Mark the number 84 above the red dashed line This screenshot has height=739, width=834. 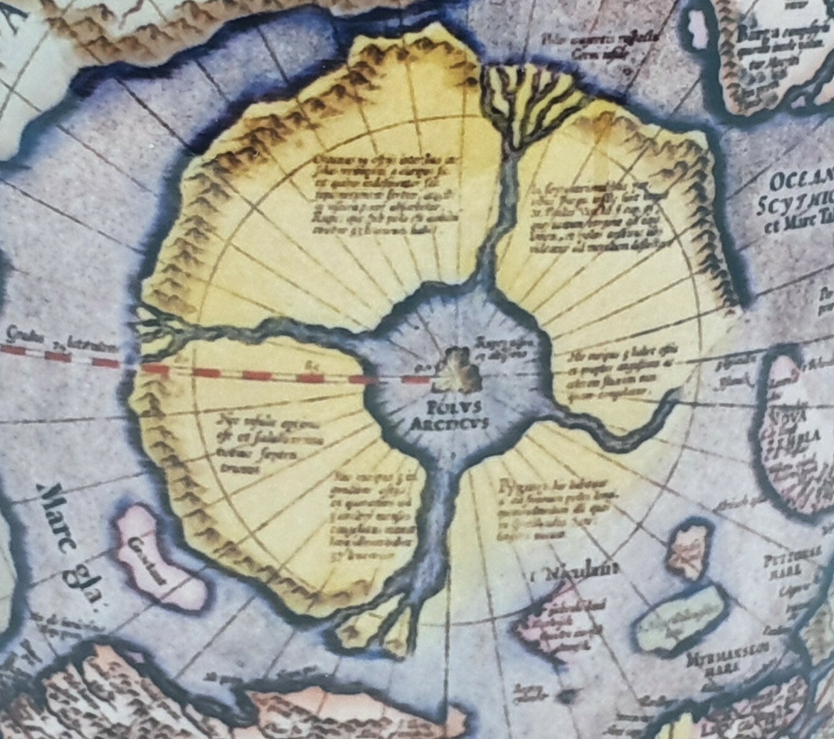click(310, 365)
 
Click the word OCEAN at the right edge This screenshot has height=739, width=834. click(802, 182)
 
